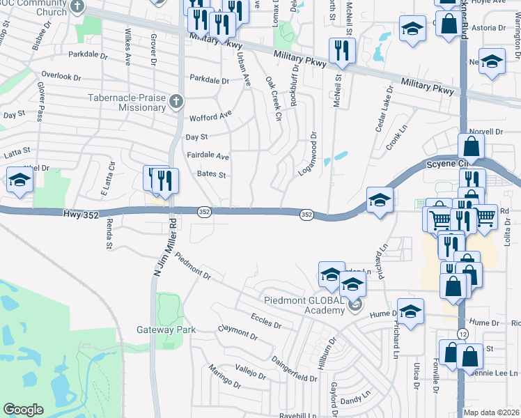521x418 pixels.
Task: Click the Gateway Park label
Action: tap(166, 330)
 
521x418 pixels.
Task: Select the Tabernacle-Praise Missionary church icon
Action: tap(176, 102)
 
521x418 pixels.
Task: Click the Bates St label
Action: tap(212, 174)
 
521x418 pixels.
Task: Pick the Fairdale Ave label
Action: tap(208, 156)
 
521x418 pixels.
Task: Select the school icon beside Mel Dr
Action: tap(20, 181)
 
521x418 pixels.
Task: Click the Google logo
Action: tap(23, 409)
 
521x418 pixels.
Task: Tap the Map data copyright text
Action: tap(491, 412)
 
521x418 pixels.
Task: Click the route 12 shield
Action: tap(463, 335)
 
